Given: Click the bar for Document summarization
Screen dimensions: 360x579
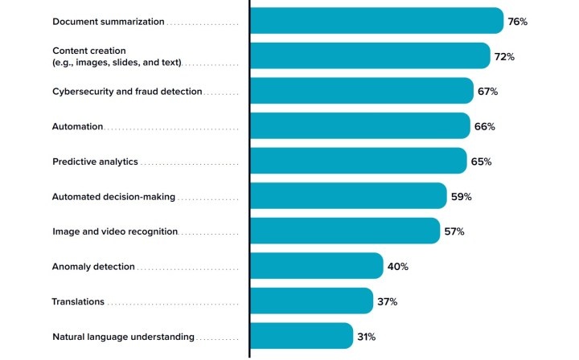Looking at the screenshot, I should pos(376,21).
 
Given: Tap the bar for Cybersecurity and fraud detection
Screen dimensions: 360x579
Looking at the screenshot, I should pos(361,91).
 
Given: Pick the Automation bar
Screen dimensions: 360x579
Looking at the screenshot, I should pos(359,126).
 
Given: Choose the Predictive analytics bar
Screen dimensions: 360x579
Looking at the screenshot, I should pos(358,161).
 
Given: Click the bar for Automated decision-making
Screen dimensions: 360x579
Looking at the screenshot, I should pos(348,196).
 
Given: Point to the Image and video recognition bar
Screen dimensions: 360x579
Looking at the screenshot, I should pos(345,231).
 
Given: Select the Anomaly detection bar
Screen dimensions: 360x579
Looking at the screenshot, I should pos(316,266).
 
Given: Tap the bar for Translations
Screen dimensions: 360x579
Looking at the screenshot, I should pos(311,301).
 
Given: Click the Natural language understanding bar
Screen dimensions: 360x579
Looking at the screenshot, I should pos(301,336).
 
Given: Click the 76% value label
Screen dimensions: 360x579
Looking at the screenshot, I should pos(517,22).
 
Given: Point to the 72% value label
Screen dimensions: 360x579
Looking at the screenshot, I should pos(504,57).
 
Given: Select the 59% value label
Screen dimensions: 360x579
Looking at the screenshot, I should pos(461,197).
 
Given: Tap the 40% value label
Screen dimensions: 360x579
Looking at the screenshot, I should pos(398,267).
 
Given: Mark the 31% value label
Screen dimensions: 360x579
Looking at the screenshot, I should pos(368,337).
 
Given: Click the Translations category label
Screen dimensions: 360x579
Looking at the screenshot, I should pos(78,301).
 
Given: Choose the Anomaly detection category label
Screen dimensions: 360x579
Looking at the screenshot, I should pos(93,267).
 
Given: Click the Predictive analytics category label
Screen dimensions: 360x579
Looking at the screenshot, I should pos(95,162).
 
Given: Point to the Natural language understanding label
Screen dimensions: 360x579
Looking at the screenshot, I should pos(123,337).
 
